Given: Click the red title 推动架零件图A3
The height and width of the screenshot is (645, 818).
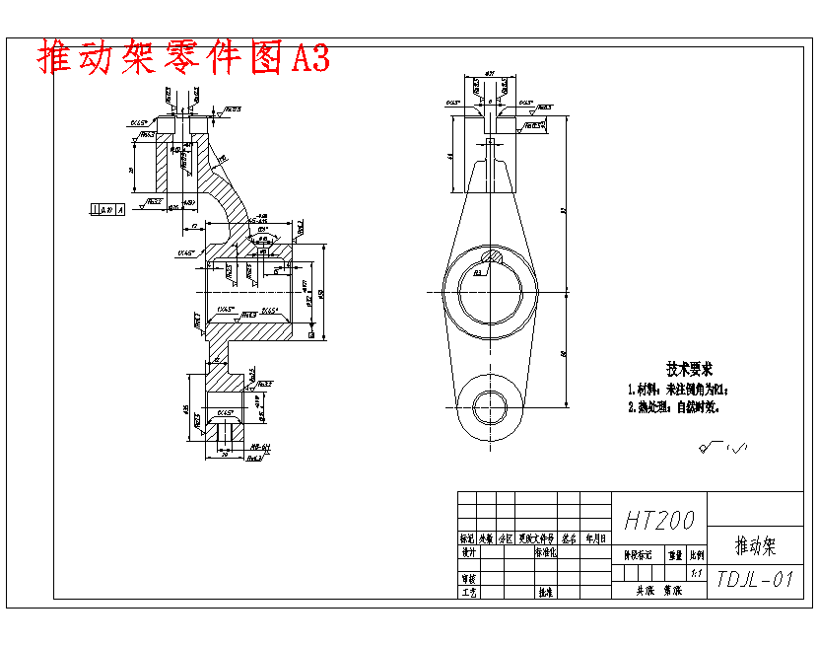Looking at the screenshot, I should (183, 58).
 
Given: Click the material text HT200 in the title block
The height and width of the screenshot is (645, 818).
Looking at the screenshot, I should (659, 520).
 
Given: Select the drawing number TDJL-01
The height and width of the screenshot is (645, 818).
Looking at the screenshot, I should (755, 579).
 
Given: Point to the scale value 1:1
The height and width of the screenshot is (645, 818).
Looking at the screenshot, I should (697, 571).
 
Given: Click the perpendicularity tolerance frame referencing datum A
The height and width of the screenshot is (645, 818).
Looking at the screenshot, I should (106, 209).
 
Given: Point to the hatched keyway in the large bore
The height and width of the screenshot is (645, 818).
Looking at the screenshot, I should (490, 259).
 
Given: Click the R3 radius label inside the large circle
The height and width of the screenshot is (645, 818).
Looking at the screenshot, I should (477, 273).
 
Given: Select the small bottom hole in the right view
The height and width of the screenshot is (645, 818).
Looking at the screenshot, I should (490, 405).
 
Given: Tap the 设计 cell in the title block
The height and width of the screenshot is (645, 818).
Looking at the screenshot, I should (468, 553).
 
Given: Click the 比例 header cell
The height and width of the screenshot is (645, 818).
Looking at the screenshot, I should (697, 555).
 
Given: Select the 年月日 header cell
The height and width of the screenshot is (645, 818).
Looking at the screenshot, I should (596, 539).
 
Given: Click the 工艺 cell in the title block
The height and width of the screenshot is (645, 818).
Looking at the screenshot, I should (468, 593).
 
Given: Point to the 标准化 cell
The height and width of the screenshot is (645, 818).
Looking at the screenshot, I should (545, 553).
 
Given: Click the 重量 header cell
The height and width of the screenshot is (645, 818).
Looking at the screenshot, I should (674, 555).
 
